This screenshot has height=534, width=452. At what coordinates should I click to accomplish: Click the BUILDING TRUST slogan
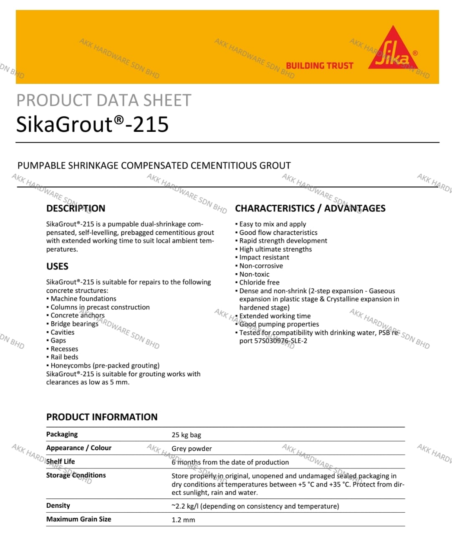coord(319,65)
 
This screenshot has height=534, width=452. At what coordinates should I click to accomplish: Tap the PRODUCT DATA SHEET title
coord(104,101)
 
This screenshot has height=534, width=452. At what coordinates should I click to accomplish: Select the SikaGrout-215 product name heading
coord(92,124)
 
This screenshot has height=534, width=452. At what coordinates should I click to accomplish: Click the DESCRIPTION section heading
coord(76,208)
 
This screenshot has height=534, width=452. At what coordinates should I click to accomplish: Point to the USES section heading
coord(57,266)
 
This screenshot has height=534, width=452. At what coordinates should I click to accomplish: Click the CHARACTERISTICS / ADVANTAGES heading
coord(310,208)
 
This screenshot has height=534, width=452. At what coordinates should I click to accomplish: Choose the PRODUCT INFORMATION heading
coord(102,417)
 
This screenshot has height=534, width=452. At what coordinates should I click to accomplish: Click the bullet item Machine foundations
coord(83,299)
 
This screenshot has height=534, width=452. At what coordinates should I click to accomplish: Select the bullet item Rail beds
coord(64,357)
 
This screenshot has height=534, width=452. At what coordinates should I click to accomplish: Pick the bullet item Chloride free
coord(259,282)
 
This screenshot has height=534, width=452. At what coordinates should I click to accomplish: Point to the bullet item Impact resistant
coord(264,257)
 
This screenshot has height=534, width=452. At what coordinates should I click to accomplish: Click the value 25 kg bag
coord(186,435)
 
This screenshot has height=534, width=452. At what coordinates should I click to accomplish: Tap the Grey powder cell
coord(192,448)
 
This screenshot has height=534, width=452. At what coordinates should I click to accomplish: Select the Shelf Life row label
coord(61,461)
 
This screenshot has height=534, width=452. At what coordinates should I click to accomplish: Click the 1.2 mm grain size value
coord(183,520)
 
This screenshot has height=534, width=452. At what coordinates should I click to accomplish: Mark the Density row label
coord(58,506)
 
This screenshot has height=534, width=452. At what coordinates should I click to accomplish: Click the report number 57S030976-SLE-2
coord(273,341)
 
